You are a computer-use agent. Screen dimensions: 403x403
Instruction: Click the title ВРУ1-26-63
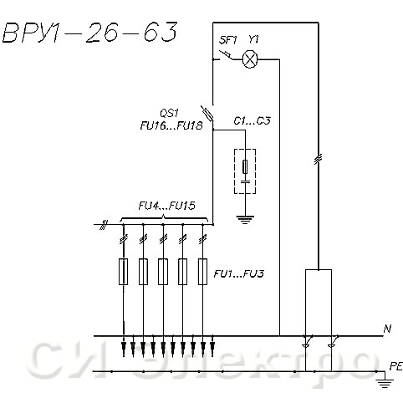coord(89,33)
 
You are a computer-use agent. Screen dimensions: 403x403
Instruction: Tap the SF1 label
coord(227,40)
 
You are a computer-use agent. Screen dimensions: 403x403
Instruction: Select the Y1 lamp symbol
coord(250,59)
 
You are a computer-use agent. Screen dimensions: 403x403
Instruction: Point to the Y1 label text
coord(253,40)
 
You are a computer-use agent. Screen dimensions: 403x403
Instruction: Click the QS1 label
coord(169,114)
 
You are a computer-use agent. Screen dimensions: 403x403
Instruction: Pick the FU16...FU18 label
coord(171,125)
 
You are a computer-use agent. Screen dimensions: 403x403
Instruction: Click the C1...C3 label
coord(252,121)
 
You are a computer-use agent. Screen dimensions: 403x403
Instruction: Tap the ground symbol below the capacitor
coord(245,220)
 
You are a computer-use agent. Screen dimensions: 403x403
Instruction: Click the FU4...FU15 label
coord(166,206)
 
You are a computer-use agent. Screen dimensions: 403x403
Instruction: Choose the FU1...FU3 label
coord(238,273)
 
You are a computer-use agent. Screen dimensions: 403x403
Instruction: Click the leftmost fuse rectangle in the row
coord(123,272)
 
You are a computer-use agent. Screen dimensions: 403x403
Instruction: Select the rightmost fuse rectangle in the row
coord(202,272)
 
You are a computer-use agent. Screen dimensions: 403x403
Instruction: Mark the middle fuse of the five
coord(163,272)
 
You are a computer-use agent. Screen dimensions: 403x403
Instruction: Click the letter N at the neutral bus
coord(387,329)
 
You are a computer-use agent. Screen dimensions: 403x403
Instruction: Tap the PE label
coord(395,366)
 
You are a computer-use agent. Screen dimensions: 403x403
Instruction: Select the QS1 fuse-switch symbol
coord(207,114)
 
